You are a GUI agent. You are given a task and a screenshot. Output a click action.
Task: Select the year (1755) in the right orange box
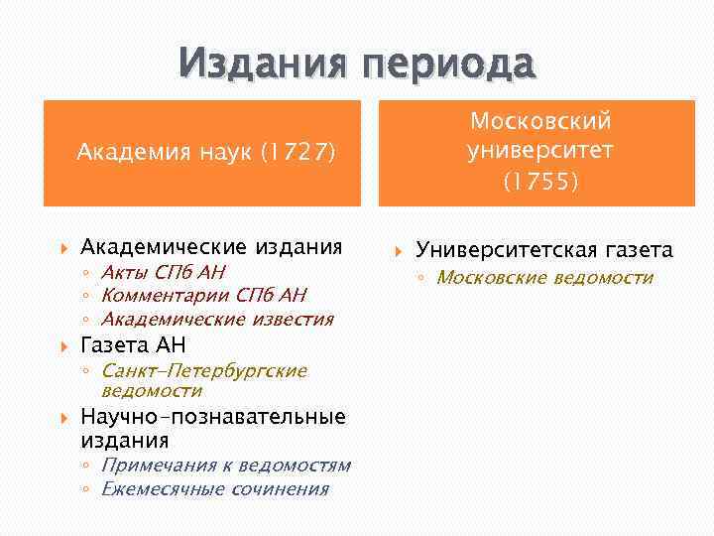pyautogui.click(x=540, y=182)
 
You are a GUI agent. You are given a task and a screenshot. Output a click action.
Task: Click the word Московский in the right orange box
pyautogui.click(x=540, y=121)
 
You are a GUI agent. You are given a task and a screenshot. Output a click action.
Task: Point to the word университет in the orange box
pyautogui.click(x=540, y=151)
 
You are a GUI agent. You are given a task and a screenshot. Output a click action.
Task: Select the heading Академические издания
pyautogui.click(x=211, y=246)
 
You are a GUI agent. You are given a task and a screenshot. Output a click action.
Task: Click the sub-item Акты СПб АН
pyautogui.click(x=164, y=272)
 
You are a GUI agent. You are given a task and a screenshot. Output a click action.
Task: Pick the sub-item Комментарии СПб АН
pyautogui.click(x=203, y=295)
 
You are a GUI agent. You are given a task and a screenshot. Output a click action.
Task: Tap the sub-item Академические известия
pyautogui.click(x=217, y=319)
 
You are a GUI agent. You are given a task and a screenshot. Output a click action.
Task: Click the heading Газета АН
pyautogui.click(x=133, y=344)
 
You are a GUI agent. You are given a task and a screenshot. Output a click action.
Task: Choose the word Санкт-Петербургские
pyautogui.click(x=204, y=370)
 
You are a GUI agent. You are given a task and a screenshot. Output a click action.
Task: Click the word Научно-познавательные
pyautogui.click(x=212, y=416)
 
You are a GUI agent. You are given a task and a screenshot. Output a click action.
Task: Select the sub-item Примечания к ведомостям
pyautogui.click(x=226, y=465)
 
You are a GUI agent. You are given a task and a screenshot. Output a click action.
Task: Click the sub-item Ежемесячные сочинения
pyautogui.click(x=215, y=488)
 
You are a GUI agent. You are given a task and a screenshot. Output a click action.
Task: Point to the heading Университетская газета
pyautogui.click(x=543, y=250)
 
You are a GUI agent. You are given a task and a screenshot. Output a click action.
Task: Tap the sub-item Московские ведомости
pyautogui.click(x=544, y=277)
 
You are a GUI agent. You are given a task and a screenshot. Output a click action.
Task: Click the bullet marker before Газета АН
pyautogui.click(x=64, y=345)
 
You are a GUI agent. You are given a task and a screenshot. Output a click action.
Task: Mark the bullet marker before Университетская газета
pyautogui.click(x=400, y=250)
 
